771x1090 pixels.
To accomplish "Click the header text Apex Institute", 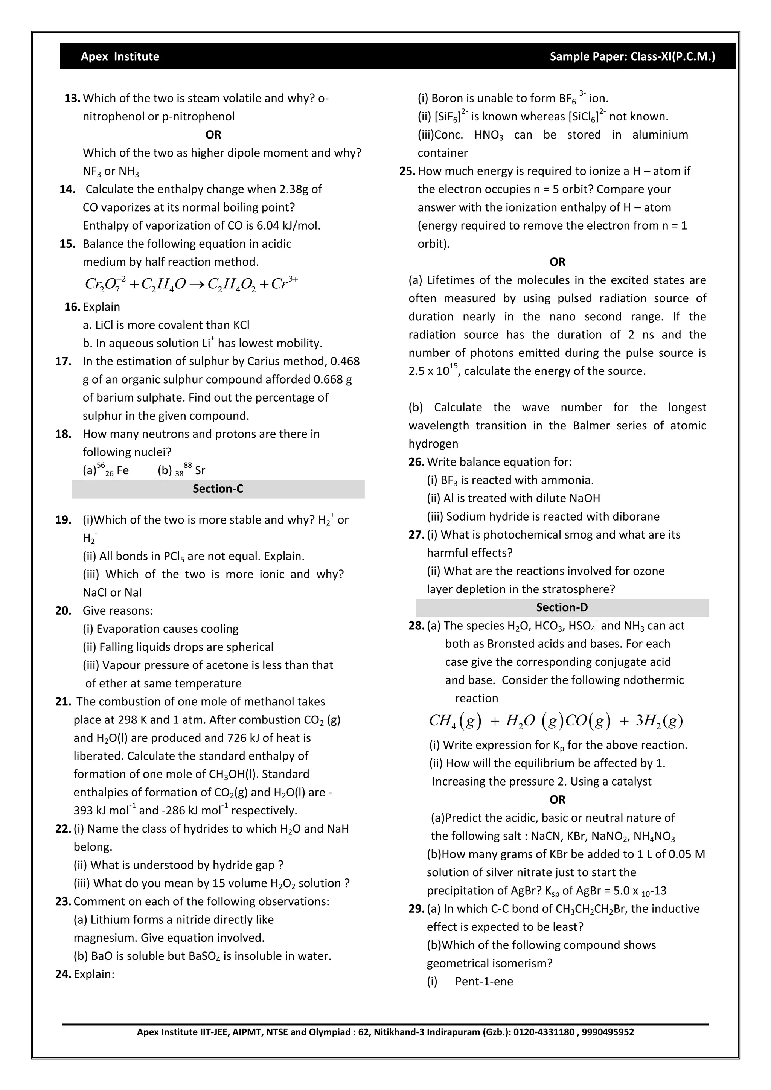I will coord(120,56).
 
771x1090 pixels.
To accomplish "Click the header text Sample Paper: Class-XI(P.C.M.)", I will coord(632,56).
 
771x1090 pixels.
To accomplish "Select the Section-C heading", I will coord(218,489).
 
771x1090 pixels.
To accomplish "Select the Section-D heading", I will coord(562,607).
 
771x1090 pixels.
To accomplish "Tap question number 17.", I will coord(63,361).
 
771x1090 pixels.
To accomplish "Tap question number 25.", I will coord(407,171).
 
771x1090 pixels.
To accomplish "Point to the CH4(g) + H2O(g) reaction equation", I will coord(555,721).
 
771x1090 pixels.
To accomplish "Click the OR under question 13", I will coord(213,135).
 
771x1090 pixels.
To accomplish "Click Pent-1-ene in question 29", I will coord(484,981).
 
